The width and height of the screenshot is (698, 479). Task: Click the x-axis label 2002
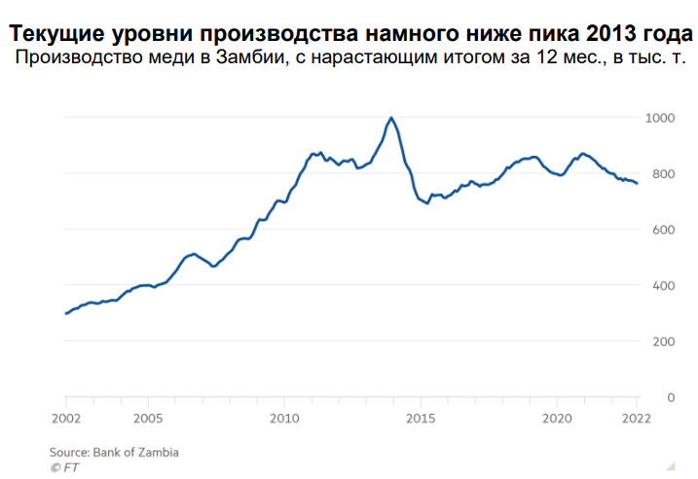point(66,419)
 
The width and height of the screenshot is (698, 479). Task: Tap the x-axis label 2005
point(147,419)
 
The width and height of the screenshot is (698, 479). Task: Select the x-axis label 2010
point(284,419)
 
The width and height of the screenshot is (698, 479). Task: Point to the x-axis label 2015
point(421,419)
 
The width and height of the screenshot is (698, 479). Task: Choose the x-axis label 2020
point(557,419)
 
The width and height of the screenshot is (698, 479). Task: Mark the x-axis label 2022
point(637,419)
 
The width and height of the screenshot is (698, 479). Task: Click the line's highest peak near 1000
point(390,118)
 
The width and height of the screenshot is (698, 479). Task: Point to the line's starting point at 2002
point(66,313)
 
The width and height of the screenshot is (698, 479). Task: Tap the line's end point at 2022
point(637,183)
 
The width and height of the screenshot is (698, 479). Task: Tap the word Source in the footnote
point(69,453)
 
